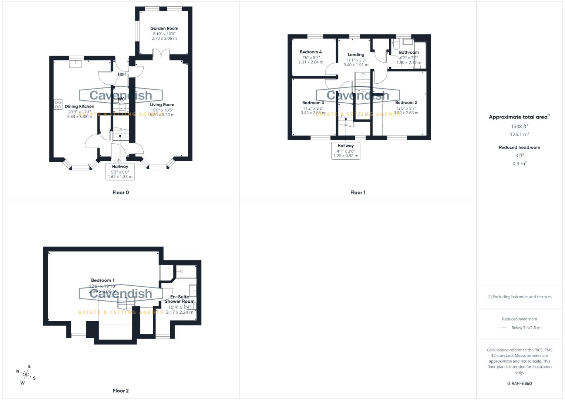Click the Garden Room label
point(164,29)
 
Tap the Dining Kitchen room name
point(80,107)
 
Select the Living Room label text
point(162,105)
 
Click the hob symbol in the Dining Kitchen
point(58,104)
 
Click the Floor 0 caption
point(121,193)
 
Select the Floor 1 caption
point(358,193)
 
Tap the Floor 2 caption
point(121,391)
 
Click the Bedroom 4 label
point(310,52)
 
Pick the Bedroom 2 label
point(406,103)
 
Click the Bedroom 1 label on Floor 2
point(103,280)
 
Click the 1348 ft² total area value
point(519,126)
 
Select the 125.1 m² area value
point(519,134)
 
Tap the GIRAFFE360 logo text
point(519,383)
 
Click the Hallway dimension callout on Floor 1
point(346,151)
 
